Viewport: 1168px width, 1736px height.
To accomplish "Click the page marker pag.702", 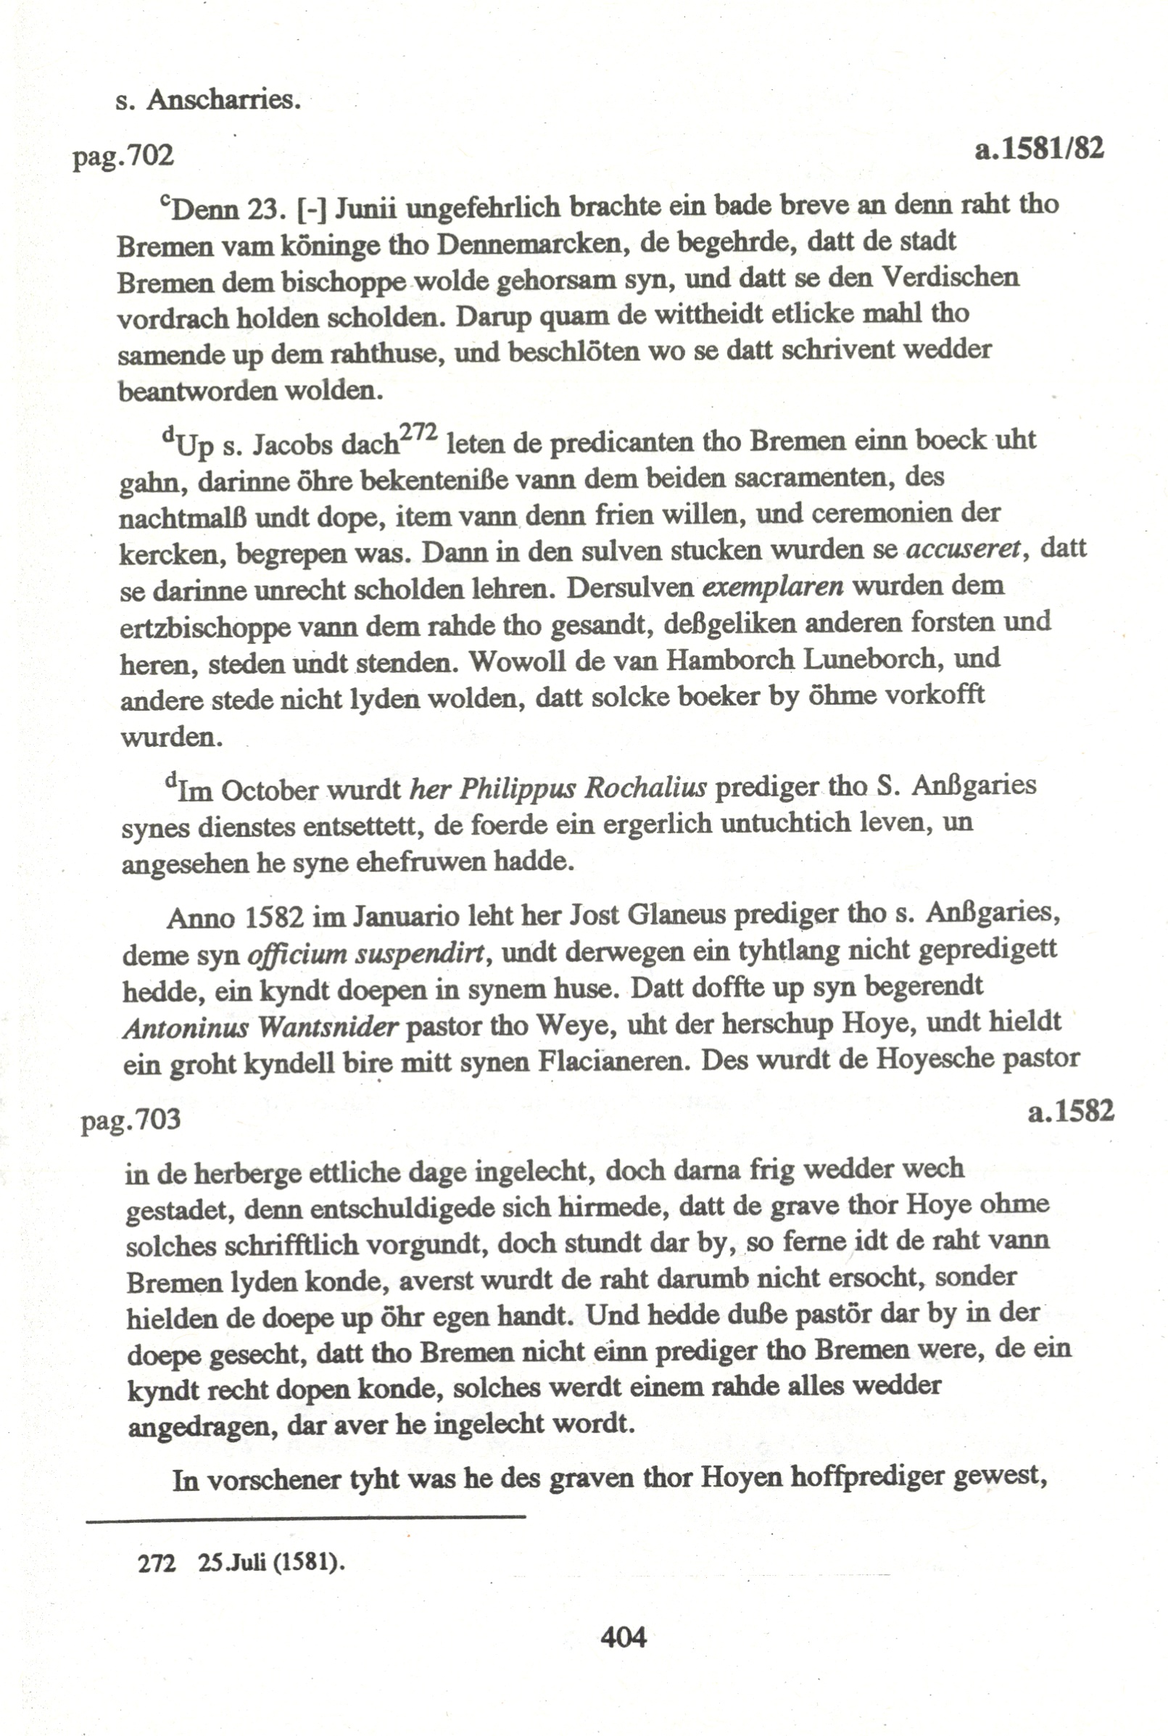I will tap(123, 156).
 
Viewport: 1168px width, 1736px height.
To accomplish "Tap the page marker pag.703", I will tap(131, 1119).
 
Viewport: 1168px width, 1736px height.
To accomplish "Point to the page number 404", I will tap(623, 1637).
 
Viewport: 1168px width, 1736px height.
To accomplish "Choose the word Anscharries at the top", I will tap(223, 99).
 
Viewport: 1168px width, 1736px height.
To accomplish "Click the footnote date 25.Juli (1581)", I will tap(271, 1563).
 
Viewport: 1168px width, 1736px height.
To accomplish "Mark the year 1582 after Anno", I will tap(273, 917).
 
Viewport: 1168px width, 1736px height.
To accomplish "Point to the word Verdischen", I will tap(950, 278).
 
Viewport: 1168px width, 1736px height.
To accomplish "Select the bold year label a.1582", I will tap(1070, 1112).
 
